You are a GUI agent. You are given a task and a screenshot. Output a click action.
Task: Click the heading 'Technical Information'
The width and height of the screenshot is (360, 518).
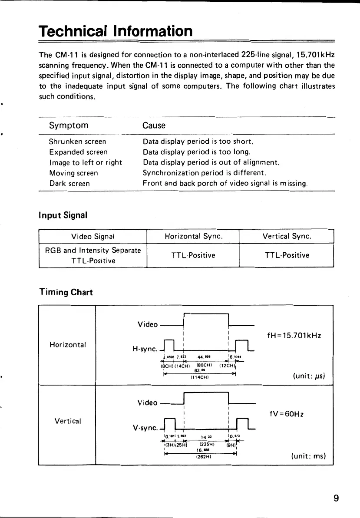[115, 31]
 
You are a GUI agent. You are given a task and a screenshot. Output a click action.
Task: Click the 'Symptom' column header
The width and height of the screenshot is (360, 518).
[69, 125]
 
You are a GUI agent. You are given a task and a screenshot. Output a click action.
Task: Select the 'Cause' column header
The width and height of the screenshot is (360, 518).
[154, 125]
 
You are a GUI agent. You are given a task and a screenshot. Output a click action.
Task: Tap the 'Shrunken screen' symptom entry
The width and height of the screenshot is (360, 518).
[77, 142]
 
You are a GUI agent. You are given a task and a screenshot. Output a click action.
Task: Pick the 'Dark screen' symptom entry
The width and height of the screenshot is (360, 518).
[69, 183]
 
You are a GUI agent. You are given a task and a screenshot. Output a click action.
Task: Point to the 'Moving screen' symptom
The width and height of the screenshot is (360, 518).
[73, 173]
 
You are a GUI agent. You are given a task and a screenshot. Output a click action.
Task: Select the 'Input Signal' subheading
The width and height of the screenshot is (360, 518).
[63, 215]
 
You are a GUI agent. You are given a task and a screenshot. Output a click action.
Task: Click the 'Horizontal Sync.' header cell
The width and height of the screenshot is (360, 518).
[194, 237]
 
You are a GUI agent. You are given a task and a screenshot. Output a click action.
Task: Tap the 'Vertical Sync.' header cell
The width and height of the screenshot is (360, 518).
[286, 237]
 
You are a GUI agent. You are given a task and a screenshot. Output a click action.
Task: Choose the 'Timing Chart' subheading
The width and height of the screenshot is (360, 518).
[66, 292]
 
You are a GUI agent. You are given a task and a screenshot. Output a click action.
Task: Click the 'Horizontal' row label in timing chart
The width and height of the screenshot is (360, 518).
[68, 345]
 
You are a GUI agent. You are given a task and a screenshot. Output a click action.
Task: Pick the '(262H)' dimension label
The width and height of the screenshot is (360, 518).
[202, 455]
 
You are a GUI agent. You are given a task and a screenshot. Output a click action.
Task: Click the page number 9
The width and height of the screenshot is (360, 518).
[336, 498]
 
